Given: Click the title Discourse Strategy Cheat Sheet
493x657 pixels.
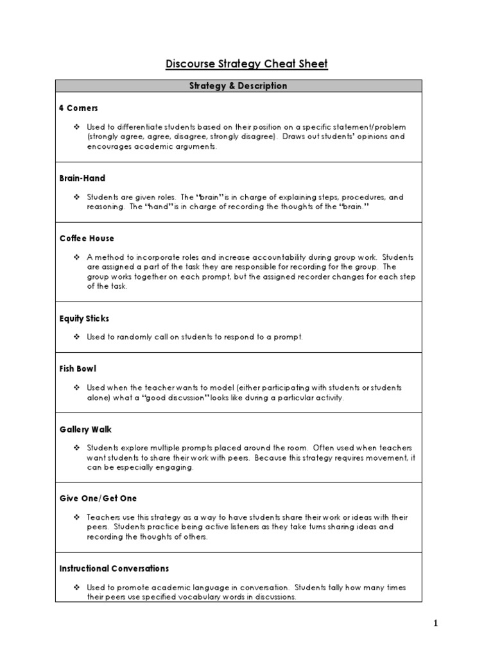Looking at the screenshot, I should tap(246, 64).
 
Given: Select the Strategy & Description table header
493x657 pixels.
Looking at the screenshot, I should tap(238, 86).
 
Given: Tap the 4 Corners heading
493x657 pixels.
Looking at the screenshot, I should tap(78, 108).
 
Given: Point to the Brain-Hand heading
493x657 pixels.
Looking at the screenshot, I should tap(82, 178).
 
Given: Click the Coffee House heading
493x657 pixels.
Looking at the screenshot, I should tap(87, 239).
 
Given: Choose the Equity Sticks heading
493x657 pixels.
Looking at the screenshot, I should tap(84, 318).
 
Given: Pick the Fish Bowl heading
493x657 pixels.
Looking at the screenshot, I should tap(78, 369).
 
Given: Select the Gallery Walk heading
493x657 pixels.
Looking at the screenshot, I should tap(85, 429).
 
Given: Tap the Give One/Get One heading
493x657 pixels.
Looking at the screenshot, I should tap(98, 499).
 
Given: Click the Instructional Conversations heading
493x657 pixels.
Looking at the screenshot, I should tap(114, 568).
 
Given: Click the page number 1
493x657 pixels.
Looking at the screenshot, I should tap(435, 624).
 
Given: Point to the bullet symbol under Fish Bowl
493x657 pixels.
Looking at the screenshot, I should tap(76, 388).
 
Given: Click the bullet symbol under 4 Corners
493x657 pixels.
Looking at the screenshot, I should tap(76, 127).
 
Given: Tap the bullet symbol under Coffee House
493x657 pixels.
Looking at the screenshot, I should tap(76, 257).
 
